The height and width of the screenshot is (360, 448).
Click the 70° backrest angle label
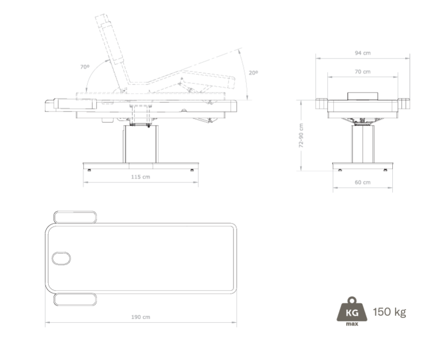pos(85,67)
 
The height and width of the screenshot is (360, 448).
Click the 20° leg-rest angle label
pos(253,73)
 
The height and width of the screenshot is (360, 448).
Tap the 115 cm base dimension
pos(140,177)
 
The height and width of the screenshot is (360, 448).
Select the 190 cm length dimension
pos(140,317)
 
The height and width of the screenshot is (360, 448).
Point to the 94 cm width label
pos(362,53)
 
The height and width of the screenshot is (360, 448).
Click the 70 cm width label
pos(362,71)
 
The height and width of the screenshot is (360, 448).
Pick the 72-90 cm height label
pos(301,135)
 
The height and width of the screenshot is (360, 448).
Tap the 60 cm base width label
pos(362,182)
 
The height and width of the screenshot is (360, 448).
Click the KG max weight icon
pos(352,311)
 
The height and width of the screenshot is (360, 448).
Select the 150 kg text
pos(389,312)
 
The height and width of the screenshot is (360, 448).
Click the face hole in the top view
pos(61,258)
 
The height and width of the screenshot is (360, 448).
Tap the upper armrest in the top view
pos(75,217)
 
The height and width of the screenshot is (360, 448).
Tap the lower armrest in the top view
pos(75,299)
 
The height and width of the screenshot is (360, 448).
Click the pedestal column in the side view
pos(140,144)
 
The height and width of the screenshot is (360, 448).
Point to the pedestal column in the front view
pos(362,144)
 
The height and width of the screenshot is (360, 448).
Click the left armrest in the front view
pos(321,103)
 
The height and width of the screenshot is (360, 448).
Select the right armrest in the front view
pos(404,103)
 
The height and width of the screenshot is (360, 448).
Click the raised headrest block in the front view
pos(363,96)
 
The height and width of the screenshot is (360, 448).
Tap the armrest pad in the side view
pos(75,103)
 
